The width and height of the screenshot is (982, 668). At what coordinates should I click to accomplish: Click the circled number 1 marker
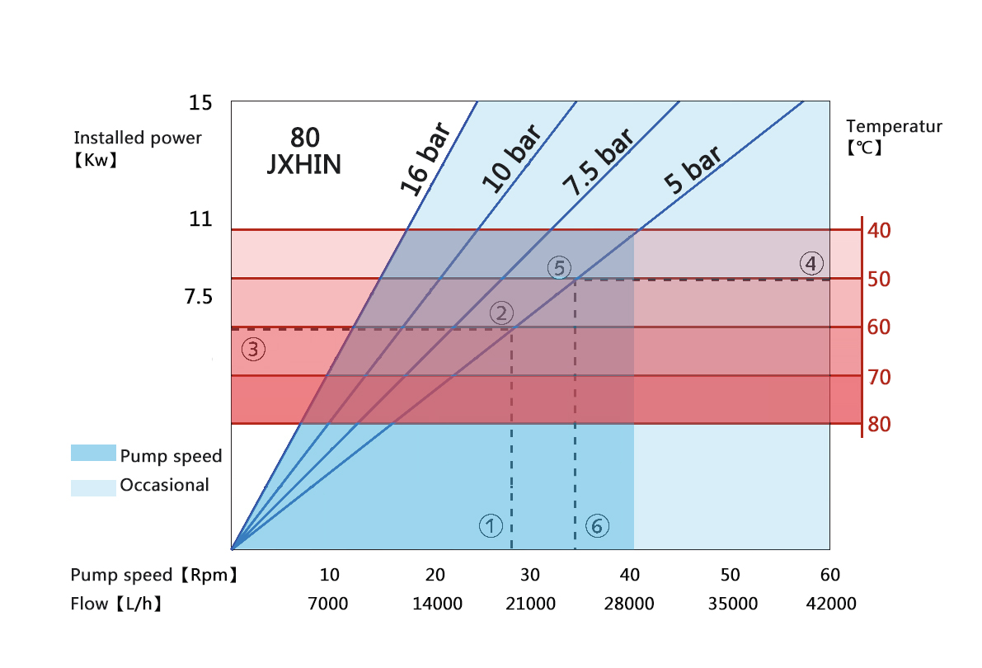pyautogui.click(x=491, y=525)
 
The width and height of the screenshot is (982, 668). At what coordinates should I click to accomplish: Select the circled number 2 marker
pyautogui.click(x=502, y=313)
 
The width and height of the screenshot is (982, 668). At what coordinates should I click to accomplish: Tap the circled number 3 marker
pyautogui.click(x=253, y=349)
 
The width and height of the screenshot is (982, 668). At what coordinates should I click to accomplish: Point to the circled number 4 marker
pyautogui.click(x=811, y=264)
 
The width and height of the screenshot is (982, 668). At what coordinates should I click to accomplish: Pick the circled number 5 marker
pyautogui.click(x=559, y=268)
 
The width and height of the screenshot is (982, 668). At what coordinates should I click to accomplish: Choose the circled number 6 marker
pyautogui.click(x=597, y=525)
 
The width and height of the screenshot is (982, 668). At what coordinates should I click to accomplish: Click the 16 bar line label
pyautogui.click(x=426, y=159)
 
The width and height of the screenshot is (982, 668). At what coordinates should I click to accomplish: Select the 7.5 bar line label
pyautogui.click(x=598, y=162)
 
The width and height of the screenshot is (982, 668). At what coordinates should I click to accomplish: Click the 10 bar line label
pyautogui.click(x=511, y=159)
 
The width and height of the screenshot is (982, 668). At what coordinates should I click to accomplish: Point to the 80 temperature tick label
pyautogui.click(x=879, y=425)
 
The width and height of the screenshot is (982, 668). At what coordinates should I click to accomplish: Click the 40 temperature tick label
pyautogui.click(x=879, y=230)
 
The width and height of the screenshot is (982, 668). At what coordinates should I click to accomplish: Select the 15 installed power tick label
pyautogui.click(x=200, y=103)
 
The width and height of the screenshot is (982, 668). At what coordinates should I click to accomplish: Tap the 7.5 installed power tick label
pyautogui.click(x=199, y=296)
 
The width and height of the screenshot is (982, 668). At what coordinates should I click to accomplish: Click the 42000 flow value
pyautogui.click(x=832, y=604)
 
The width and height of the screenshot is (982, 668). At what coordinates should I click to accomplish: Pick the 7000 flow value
pyautogui.click(x=327, y=604)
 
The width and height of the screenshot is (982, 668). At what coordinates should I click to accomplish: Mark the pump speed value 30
pyautogui.click(x=530, y=575)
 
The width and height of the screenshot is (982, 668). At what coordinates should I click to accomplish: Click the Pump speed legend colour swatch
pyautogui.click(x=92, y=453)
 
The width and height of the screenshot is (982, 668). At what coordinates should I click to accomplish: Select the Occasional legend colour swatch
pyautogui.click(x=92, y=487)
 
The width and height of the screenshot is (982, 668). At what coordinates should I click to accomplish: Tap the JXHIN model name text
pyautogui.click(x=304, y=164)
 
